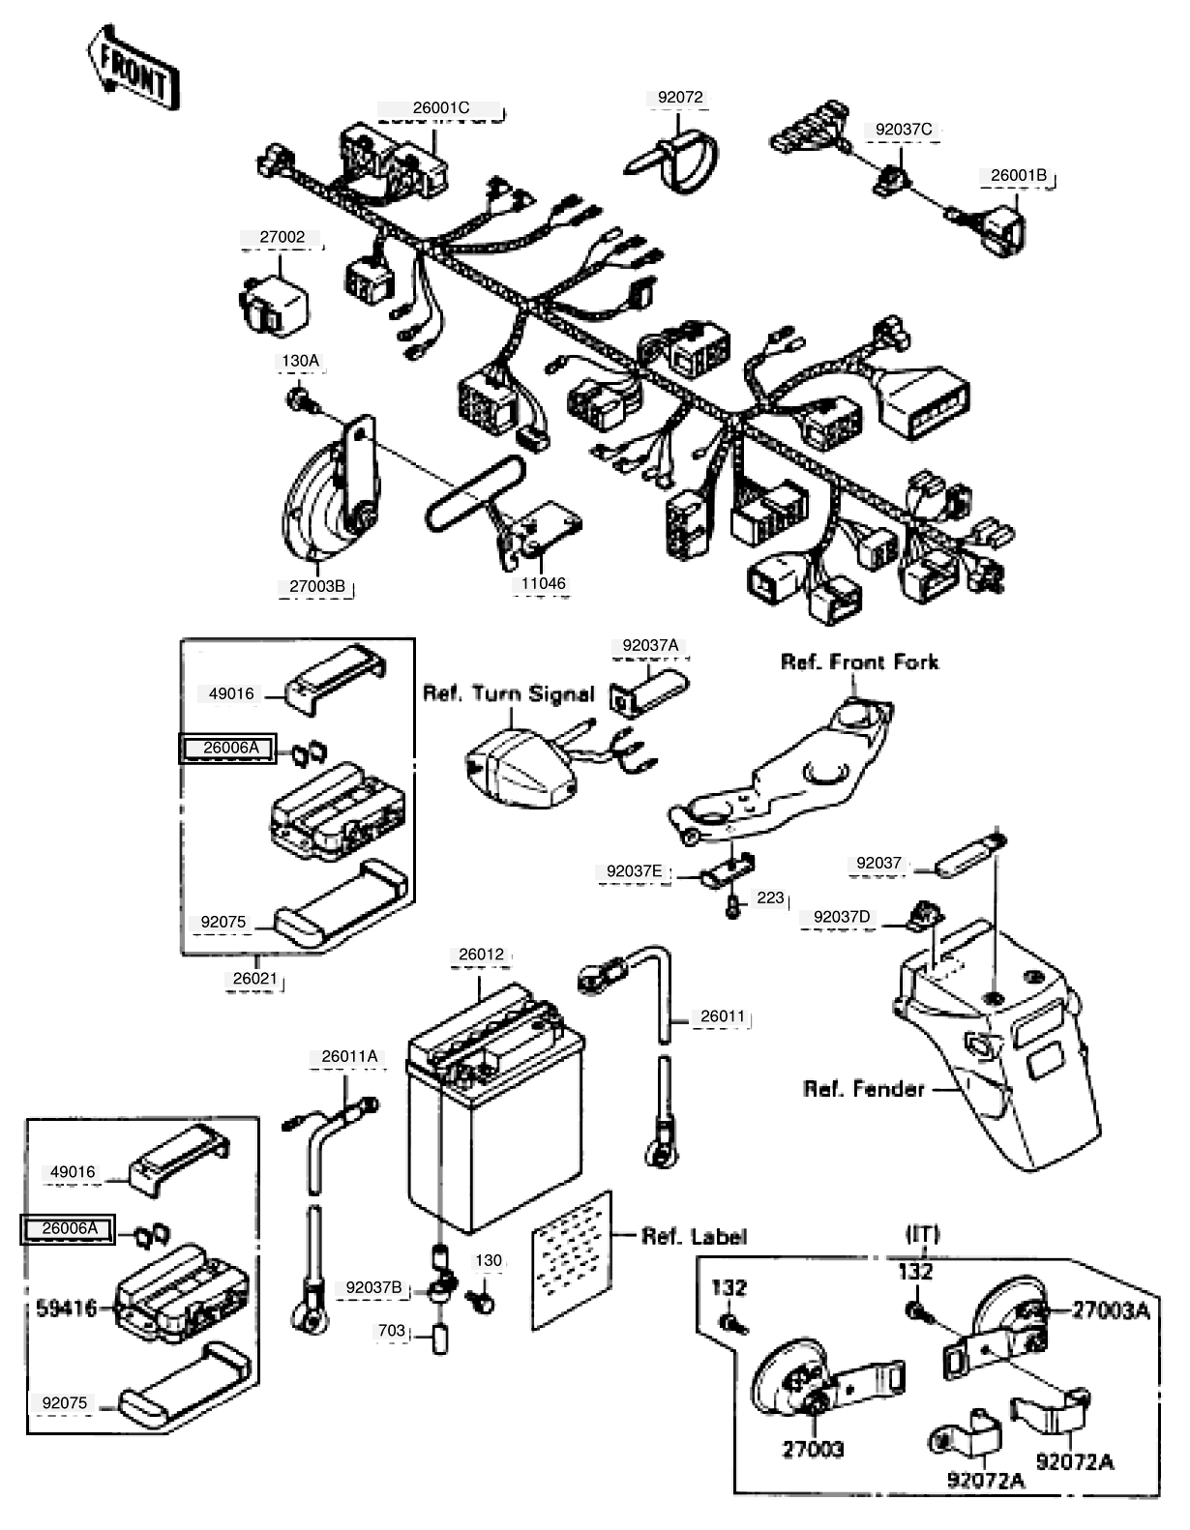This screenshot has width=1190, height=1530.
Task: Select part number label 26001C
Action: click(440, 108)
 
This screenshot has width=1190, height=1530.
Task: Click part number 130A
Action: click(300, 361)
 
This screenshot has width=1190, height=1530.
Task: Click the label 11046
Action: click(543, 583)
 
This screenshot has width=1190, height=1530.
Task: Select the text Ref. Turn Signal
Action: click(508, 694)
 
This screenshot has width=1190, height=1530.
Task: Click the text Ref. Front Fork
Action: click(859, 662)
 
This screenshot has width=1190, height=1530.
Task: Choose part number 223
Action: click(770, 897)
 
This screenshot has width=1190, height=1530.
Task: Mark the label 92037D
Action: click(842, 917)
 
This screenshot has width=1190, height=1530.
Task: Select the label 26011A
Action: click(349, 1057)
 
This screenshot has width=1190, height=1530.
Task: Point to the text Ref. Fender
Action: click(864, 1089)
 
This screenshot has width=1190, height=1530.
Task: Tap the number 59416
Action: click(66, 1309)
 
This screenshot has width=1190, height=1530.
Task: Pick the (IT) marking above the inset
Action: click(921, 1234)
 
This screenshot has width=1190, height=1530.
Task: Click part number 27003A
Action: click(1111, 1310)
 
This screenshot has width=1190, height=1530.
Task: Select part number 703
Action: click(391, 1331)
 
